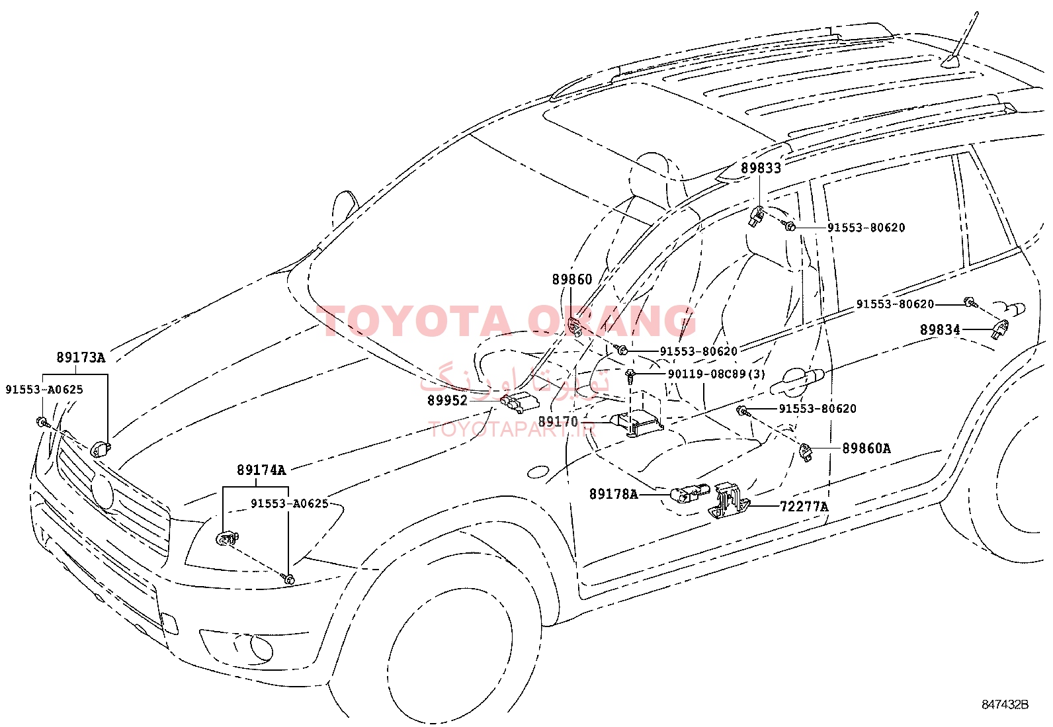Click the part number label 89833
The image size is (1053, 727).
coord(761,168)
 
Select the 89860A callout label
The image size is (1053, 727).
coord(866,448)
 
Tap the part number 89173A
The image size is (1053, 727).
coord(81,357)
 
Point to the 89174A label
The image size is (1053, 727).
coord(261,470)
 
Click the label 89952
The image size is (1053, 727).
coord(448,400)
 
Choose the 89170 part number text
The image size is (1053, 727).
coord(558,421)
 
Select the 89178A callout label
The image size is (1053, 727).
coord(613,494)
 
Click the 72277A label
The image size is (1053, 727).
coord(804,507)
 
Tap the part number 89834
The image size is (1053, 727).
coord(940,329)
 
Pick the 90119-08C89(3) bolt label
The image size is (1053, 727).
coord(716,374)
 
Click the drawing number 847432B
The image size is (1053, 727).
coord(1005,705)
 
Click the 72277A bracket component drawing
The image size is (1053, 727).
coord(728,501)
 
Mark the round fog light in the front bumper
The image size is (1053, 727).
coord(261,648)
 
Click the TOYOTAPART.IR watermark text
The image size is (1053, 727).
coord(513,429)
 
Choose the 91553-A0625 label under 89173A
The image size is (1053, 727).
coord(44,390)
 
